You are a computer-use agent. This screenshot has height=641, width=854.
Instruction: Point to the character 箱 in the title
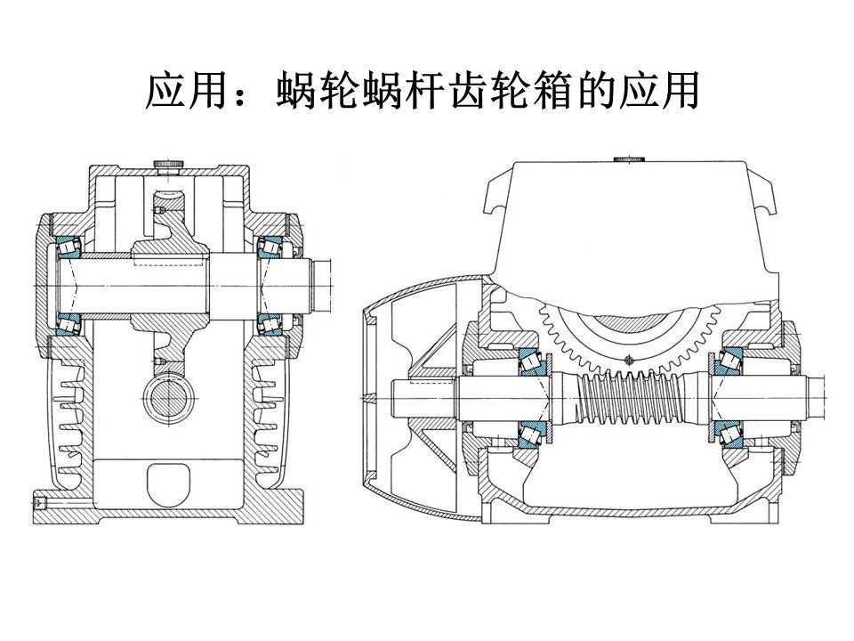click(556, 92)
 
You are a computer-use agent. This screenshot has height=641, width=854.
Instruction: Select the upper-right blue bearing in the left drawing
click(270, 247)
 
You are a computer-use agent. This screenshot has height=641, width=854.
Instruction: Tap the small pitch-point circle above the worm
click(629, 360)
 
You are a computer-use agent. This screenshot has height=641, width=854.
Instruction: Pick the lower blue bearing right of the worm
click(730, 433)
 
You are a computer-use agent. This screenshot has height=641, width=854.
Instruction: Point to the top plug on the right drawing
click(628, 160)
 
